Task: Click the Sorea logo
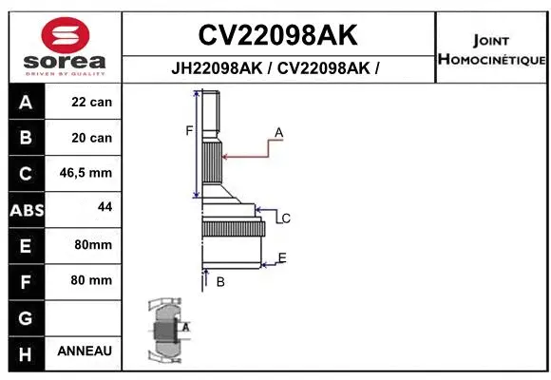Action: tap(64, 46)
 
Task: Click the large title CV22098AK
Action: tap(277, 35)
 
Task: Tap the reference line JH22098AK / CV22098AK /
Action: tap(277, 68)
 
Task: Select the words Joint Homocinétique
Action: tap(491, 50)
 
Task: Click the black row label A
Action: tap(26, 103)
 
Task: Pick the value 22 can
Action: tap(91, 103)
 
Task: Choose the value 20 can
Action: tap(91, 138)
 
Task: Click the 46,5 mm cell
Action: tap(85, 173)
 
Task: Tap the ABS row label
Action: tap(26, 210)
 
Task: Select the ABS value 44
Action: tap(104, 206)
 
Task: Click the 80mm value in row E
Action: tap(92, 245)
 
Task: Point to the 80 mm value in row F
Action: tap(91, 280)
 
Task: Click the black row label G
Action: tap(26, 316)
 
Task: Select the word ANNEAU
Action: tap(85, 351)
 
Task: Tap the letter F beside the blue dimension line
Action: tap(189, 131)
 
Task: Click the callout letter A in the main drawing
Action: tap(279, 131)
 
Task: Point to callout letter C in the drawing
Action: tap(286, 218)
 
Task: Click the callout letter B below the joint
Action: tap(219, 282)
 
